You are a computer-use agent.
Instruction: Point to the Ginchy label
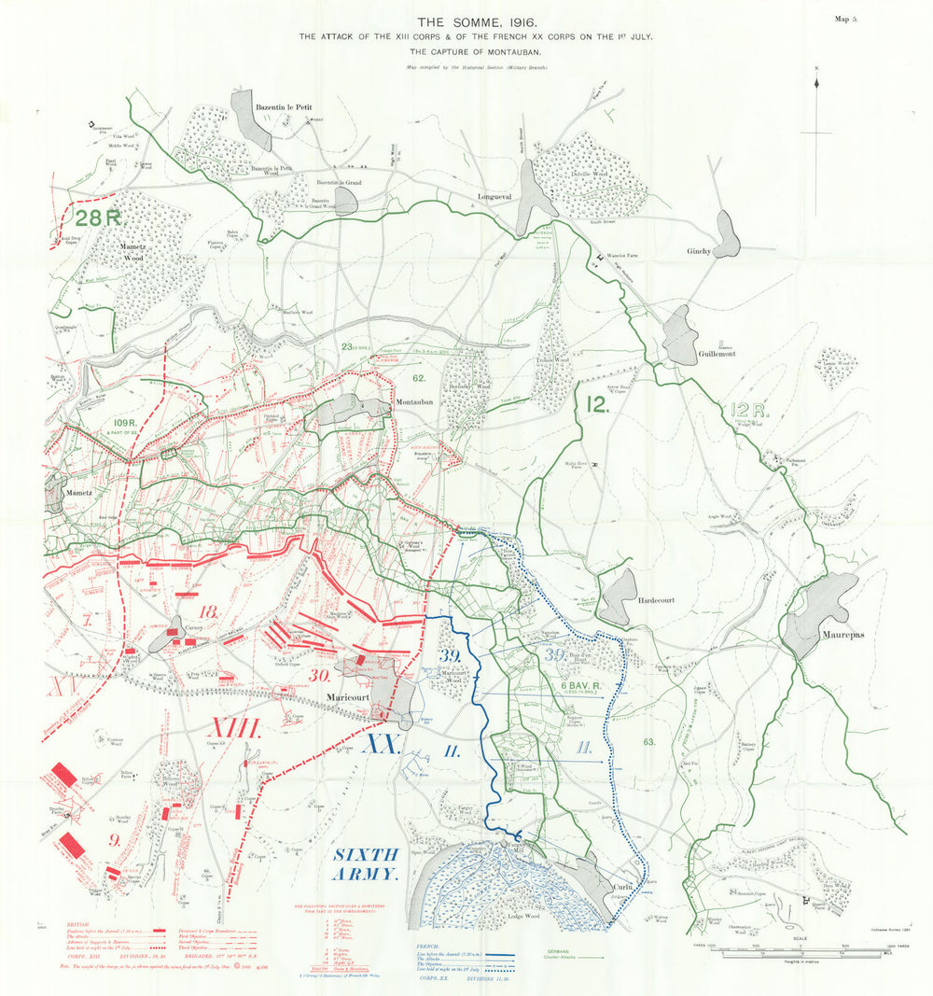(700, 251)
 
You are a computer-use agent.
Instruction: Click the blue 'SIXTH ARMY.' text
(367, 864)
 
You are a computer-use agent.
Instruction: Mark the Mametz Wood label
(132, 252)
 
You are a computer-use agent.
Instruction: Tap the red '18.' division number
(209, 612)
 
